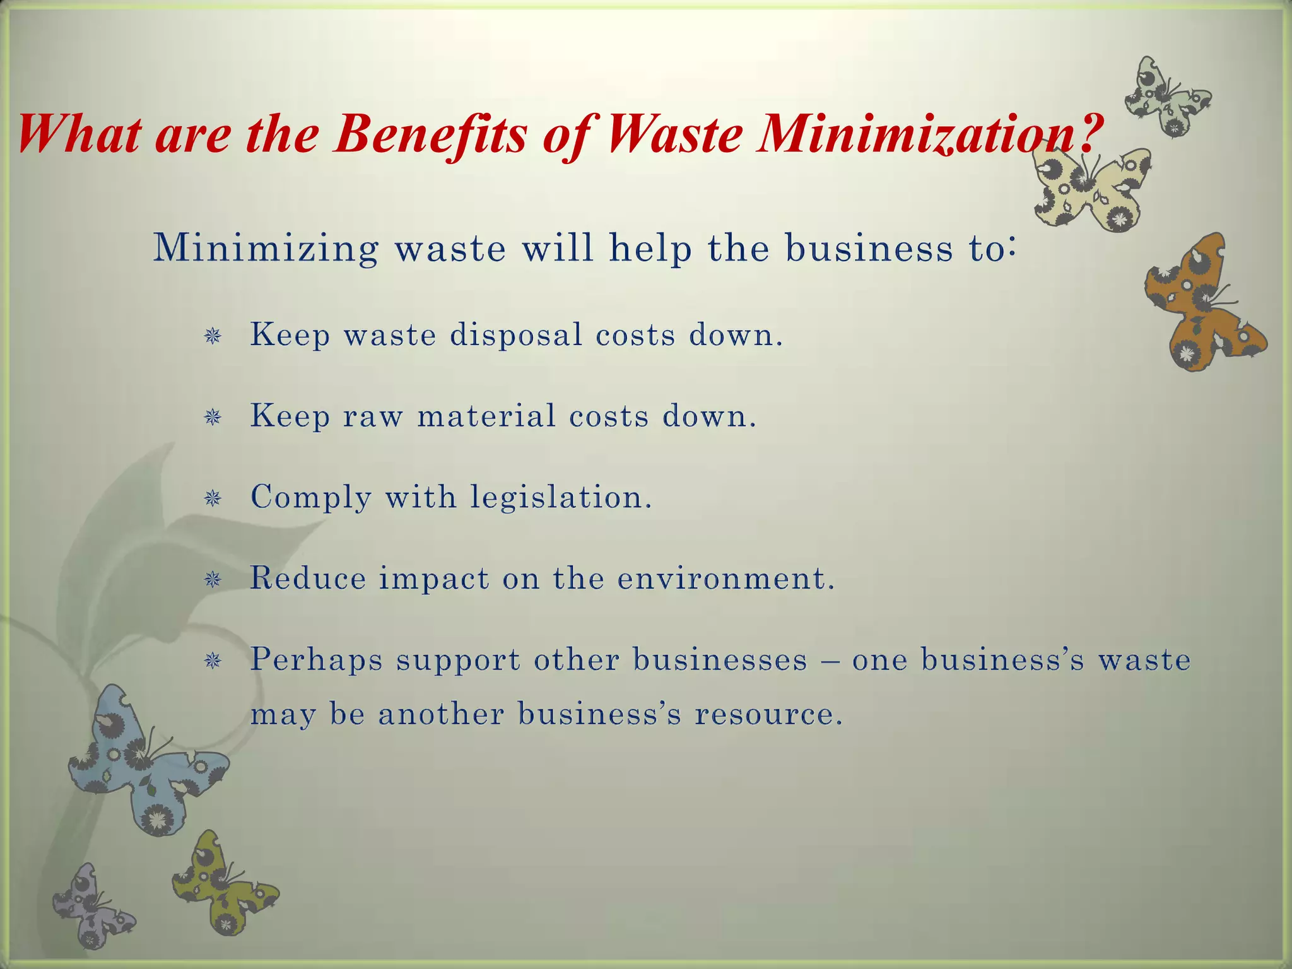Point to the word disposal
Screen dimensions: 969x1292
tap(516, 334)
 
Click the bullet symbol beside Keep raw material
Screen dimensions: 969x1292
tap(213, 418)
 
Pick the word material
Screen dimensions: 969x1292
tap(486, 416)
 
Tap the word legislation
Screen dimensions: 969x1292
tap(561, 498)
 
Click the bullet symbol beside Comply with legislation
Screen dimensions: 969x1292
tap(213, 499)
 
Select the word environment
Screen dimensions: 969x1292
tap(725, 578)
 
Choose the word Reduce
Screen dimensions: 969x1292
tap(308, 578)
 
